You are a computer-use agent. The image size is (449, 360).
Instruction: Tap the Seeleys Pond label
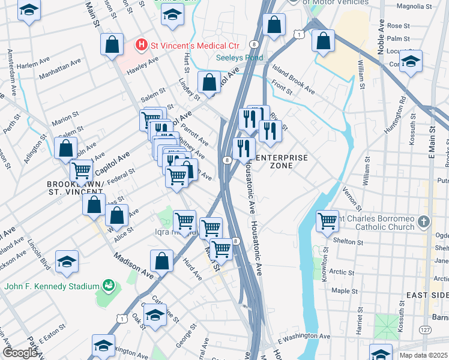coord(240,58)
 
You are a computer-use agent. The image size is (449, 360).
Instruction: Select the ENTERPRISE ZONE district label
coord(282,161)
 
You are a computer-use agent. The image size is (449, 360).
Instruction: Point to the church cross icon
coord(424,221)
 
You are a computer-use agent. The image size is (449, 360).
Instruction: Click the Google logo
coord(20,353)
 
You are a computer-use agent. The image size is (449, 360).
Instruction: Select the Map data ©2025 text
coord(423,355)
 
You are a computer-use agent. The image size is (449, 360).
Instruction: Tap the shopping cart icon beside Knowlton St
coord(327,220)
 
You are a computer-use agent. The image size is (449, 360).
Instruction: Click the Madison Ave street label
coord(131,265)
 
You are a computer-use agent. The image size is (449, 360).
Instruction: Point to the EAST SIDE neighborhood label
coord(427,295)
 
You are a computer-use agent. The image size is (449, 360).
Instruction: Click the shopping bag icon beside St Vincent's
coord(112,44)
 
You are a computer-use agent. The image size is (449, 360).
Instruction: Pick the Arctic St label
coord(342,272)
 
